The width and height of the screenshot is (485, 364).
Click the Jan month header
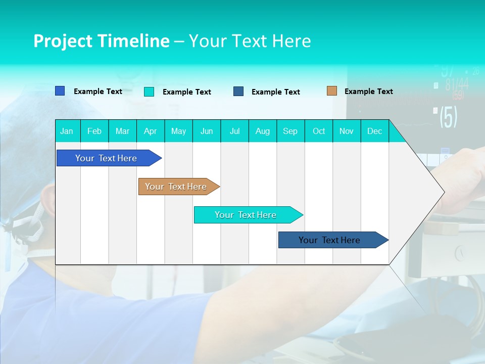[x=67, y=131]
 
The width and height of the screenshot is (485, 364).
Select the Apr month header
[x=151, y=131]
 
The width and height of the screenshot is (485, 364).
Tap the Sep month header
[x=290, y=131]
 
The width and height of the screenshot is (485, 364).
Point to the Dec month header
[x=374, y=131]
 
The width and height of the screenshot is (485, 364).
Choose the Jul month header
[x=234, y=131]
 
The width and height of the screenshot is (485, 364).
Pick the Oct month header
[x=319, y=131]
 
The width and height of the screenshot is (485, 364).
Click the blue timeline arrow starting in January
[x=106, y=158]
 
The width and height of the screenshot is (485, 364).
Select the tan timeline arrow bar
[x=176, y=187]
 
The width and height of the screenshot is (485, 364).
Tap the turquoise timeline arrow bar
[x=246, y=215]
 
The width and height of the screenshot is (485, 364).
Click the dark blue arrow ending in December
[x=330, y=240]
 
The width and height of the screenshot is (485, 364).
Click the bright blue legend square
[x=60, y=91]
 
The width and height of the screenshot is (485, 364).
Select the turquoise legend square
[x=149, y=92]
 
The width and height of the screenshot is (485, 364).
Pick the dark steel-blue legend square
[x=238, y=91]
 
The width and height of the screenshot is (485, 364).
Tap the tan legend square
[x=331, y=91]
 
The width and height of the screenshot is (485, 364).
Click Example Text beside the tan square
[x=368, y=92]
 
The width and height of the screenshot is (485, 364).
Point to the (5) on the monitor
[x=448, y=117]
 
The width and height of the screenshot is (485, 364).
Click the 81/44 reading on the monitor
[x=456, y=84]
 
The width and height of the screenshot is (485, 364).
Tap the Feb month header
[x=94, y=131]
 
